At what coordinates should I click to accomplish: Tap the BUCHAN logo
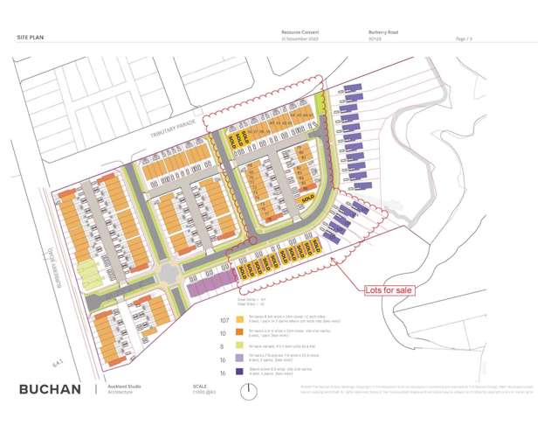pyautogui.click(x=50, y=389)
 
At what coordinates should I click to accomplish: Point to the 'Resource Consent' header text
pyautogui.click(x=295, y=31)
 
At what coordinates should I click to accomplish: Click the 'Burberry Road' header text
pyautogui.click(x=382, y=31)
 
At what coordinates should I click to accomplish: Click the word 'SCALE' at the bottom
pyautogui.click(x=201, y=386)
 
